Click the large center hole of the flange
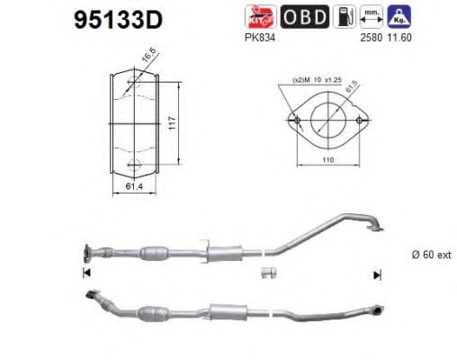click(327, 119)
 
